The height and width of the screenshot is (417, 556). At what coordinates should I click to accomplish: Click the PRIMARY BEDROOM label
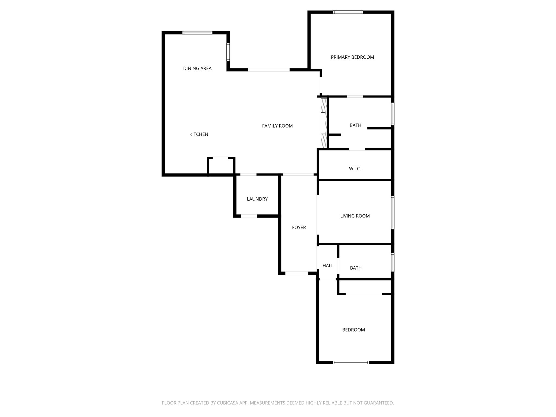pyautogui.click(x=352, y=57)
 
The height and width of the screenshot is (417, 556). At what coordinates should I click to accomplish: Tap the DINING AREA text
pyautogui.click(x=197, y=68)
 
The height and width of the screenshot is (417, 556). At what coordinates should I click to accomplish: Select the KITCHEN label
pyautogui.click(x=199, y=134)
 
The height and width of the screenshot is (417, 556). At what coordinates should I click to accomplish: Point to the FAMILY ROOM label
pyautogui.click(x=277, y=126)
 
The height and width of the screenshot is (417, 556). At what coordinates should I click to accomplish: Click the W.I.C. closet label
pyautogui.click(x=355, y=169)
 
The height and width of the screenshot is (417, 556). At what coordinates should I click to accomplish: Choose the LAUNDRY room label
pyautogui.click(x=257, y=199)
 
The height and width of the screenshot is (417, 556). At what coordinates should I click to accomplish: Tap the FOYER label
pyautogui.click(x=299, y=228)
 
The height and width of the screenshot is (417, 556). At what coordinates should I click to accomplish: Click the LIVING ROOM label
pyautogui.click(x=355, y=216)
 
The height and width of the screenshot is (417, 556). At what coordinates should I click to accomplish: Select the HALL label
pyautogui.click(x=328, y=266)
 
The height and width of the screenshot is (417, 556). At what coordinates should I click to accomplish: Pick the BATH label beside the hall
pyautogui.click(x=356, y=268)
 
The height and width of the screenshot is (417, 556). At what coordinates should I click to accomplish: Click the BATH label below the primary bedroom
pyautogui.click(x=355, y=125)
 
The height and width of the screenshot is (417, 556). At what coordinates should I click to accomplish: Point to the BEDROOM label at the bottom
pyautogui.click(x=353, y=330)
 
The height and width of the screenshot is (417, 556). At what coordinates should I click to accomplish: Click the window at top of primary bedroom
pyautogui.click(x=348, y=12)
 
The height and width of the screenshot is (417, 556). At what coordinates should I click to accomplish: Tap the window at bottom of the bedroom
pyautogui.click(x=351, y=362)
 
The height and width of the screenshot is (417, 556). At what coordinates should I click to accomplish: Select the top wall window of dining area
pyautogui.click(x=197, y=33)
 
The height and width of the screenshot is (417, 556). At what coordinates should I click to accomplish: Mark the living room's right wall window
pyautogui.click(x=393, y=213)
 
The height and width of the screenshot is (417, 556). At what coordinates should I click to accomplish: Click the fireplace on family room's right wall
pyautogui.click(x=324, y=123)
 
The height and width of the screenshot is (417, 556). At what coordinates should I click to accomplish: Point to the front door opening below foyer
pyautogui.click(x=297, y=273)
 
